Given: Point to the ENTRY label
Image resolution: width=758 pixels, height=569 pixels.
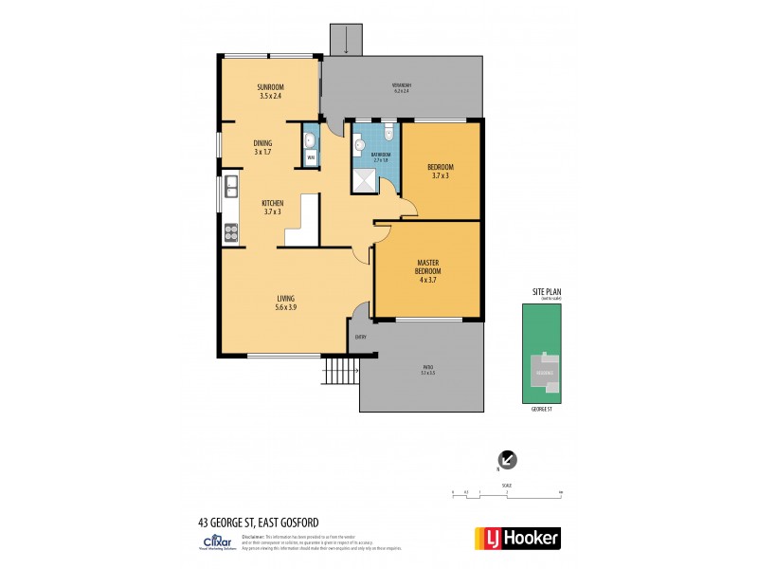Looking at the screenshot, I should coord(360,337).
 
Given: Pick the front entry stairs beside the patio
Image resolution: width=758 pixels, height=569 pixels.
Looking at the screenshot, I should coord(338,371).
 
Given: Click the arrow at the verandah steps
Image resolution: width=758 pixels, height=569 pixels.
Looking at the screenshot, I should coord(347,39).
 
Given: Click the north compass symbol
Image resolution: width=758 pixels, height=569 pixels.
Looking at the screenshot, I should coord(509,459).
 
